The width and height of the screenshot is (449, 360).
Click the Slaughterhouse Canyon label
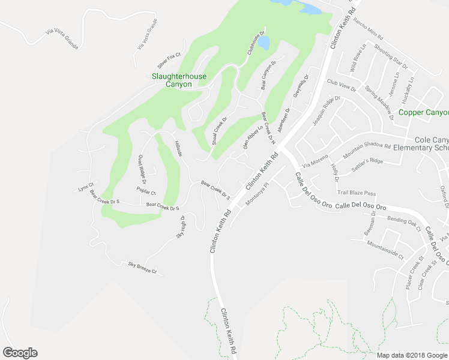[179, 80]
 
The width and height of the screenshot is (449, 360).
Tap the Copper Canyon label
[424, 112]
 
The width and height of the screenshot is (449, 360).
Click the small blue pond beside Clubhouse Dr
[264, 43]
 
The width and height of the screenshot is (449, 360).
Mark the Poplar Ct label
[146, 192]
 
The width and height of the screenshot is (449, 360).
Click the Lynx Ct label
[86, 185]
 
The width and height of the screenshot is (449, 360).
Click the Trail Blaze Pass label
[356, 193]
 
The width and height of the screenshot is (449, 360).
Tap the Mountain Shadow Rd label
[367, 150]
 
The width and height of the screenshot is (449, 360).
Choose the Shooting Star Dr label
[390, 56]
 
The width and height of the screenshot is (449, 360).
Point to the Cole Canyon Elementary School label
[423, 143]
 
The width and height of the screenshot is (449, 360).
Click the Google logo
[20, 353]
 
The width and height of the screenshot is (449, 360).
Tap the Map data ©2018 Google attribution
[412, 355]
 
